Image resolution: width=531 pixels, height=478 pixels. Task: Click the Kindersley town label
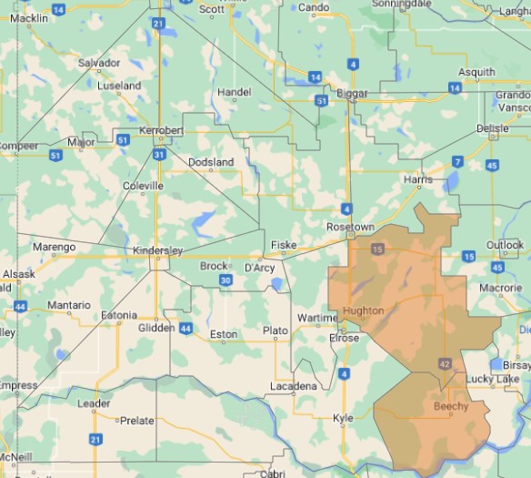point(157,250)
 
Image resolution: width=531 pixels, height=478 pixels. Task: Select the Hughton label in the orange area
point(363,311)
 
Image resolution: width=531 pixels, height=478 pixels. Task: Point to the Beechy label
point(451,406)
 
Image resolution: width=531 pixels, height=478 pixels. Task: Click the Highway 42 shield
point(445,363)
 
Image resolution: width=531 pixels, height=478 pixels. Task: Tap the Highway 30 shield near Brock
point(225,280)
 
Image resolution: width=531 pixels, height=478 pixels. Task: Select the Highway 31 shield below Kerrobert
point(160,154)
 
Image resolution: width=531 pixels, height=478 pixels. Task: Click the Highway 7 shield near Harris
point(457,161)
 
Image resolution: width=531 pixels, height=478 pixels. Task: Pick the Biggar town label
point(352,93)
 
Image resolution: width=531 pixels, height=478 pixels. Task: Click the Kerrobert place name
point(161,131)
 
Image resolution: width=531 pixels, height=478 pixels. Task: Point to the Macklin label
point(29,18)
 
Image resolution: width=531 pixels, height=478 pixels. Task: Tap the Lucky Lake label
point(492,379)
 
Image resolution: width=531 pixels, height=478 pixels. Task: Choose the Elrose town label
point(344,338)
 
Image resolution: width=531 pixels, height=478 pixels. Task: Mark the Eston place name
point(224,335)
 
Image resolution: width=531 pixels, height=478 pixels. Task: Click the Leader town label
point(94,403)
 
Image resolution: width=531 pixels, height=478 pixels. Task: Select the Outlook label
point(505,245)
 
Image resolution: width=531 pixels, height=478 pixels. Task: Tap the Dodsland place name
point(210,162)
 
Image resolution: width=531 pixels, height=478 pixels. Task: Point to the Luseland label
point(119,86)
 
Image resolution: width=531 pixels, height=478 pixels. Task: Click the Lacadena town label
point(294,386)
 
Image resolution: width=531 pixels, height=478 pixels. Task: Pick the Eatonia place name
point(118,315)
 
